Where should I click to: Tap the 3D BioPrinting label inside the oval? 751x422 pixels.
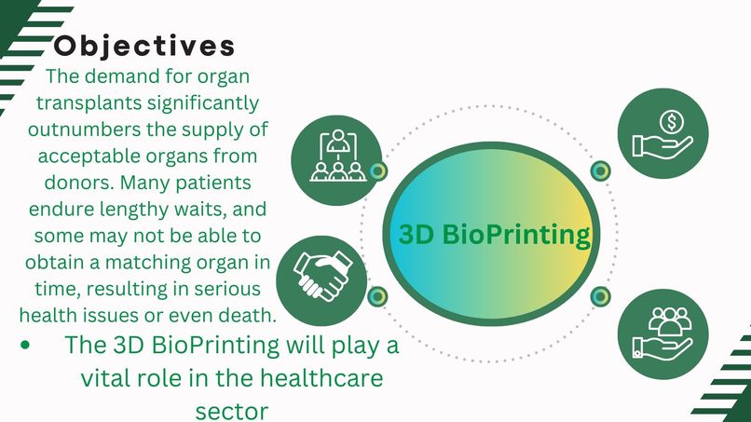[x=495, y=234]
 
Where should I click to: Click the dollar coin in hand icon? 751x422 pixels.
[x=659, y=132]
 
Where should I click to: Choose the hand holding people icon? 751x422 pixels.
[x=663, y=333]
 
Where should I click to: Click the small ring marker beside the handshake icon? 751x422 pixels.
[x=377, y=297]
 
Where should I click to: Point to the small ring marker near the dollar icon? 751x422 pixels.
[x=601, y=170]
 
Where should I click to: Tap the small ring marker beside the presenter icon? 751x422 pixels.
[x=377, y=171]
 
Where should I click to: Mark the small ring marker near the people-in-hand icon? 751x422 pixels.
[x=601, y=297]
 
